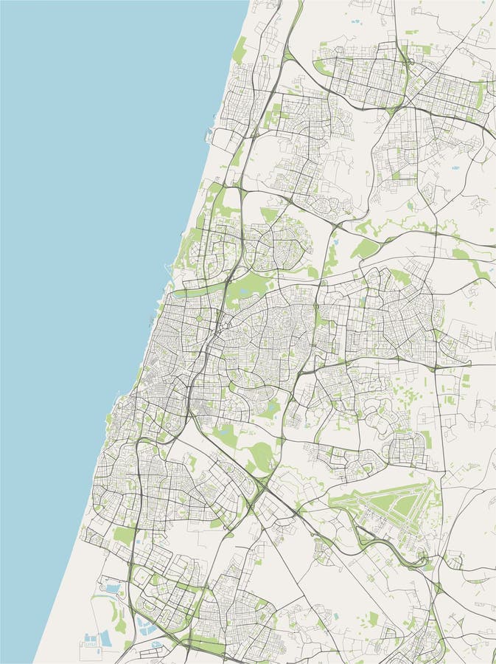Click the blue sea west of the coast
88,221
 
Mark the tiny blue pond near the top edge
354,23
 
